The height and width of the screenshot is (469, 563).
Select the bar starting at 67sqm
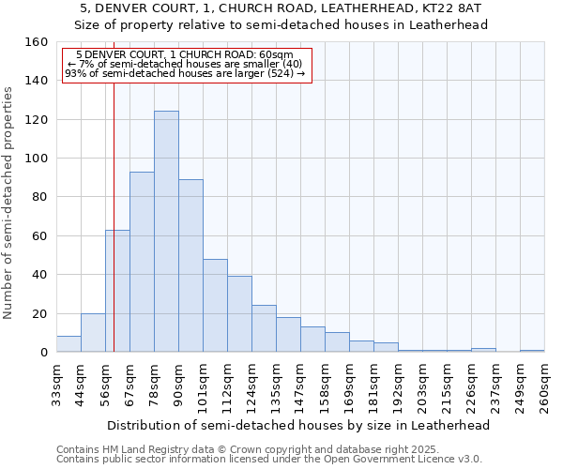tap(142, 262)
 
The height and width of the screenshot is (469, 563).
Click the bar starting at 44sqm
tap(93, 333)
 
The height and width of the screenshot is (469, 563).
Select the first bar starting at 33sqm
tap(68, 344)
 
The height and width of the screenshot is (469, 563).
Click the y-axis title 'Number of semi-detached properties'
tap(9, 197)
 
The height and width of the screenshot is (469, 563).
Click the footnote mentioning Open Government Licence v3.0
tap(268, 459)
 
